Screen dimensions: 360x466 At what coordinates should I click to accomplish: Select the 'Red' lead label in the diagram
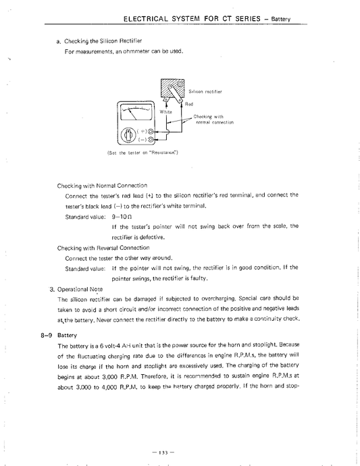coord(190,104)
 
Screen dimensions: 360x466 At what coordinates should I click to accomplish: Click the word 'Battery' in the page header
coord(279,19)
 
